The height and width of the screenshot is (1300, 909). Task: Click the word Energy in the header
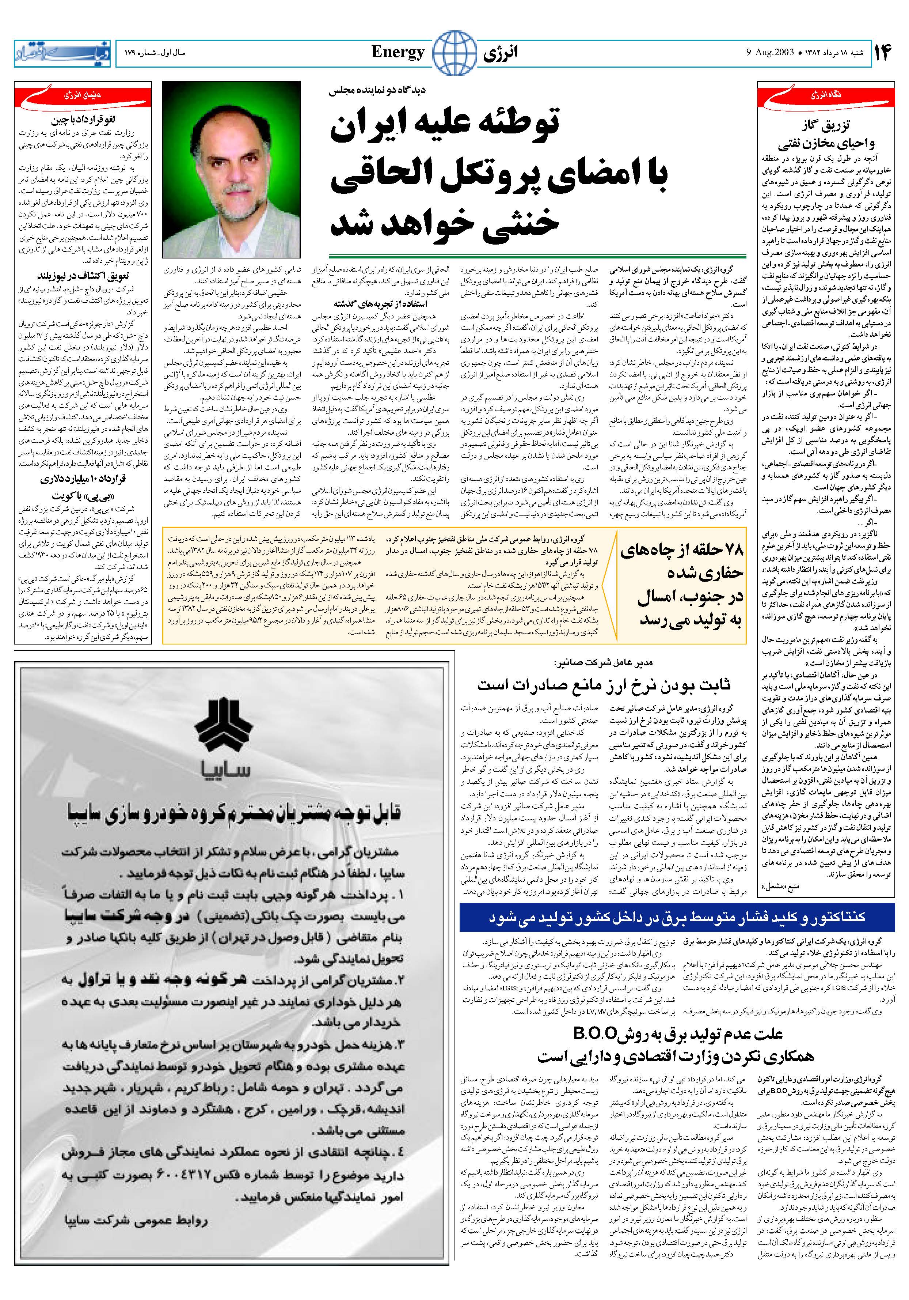point(398,53)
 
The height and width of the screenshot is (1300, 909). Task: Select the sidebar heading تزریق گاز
point(826,125)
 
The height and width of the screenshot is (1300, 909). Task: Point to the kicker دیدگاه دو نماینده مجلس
point(378,90)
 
